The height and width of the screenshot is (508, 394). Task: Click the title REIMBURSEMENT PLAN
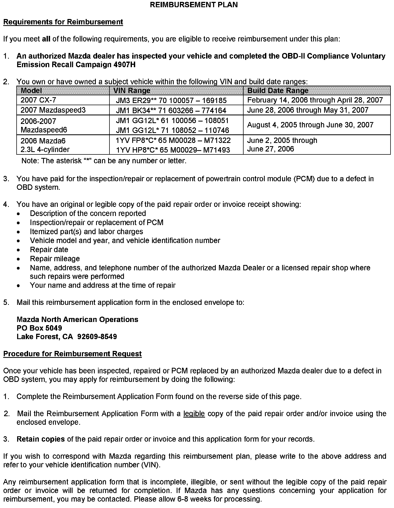194,5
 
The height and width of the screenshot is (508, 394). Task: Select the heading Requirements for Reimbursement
63,22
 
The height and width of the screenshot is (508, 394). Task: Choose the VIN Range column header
132,90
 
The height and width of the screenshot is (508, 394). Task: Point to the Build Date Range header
278,90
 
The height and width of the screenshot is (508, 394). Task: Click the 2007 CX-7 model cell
38,100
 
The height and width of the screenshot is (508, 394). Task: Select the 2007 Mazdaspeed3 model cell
53,110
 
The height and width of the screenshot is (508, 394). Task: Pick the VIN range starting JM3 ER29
171,100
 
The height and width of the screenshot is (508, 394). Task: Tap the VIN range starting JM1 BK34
171,110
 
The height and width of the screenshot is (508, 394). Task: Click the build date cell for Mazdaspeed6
310,125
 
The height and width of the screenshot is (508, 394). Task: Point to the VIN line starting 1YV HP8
173,150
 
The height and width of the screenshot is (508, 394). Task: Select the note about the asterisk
104,161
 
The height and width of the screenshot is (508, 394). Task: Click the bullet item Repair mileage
55,259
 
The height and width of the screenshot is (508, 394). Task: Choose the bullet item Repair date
49,249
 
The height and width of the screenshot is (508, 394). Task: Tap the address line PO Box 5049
39,328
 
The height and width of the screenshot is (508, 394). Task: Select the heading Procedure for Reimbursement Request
72,354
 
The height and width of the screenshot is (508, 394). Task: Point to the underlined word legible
194,414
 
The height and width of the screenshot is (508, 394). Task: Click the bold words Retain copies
41,439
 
